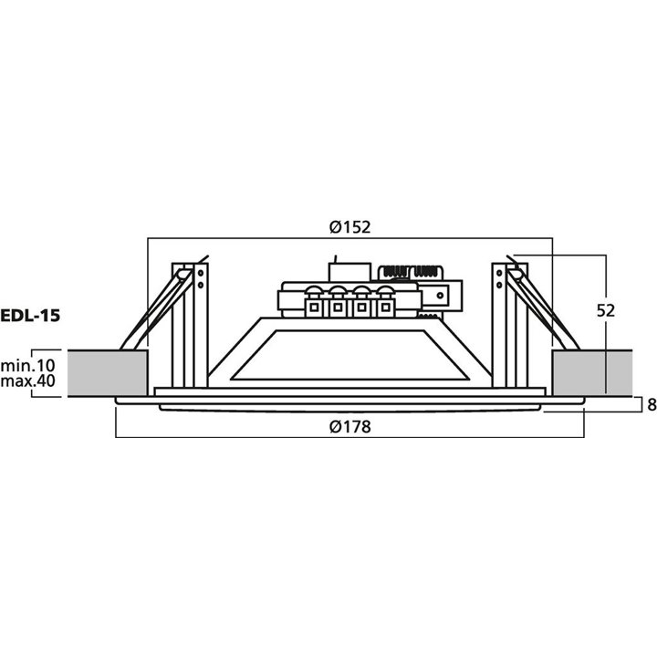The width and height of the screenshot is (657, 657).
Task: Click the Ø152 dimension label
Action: tap(349, 227)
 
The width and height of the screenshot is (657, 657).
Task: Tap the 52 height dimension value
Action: tap(604, 310)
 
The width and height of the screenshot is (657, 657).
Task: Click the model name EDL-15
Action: tap(30, 316)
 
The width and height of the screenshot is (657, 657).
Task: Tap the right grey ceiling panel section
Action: tap(593, 370)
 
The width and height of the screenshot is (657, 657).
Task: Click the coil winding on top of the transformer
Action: tap(410, 272)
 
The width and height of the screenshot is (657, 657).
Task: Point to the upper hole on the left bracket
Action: tap(200, 271)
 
